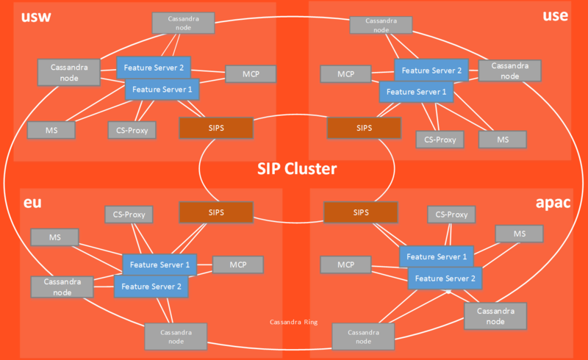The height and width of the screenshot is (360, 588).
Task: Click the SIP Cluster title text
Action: [x=297, y=169]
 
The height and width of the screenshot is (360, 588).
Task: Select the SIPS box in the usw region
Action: [x=216, y=128]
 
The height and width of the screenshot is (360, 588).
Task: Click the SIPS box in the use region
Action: [x=365, y=128]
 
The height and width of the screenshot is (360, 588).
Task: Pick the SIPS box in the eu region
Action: [x=216, y=212]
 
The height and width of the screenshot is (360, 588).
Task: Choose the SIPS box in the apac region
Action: [x=360, y=212]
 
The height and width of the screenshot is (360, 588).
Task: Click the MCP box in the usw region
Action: [x=250, y=74]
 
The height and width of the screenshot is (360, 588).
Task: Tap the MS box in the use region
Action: [x=503, y=140]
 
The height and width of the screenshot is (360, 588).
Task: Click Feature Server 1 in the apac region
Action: [x=437, y=256]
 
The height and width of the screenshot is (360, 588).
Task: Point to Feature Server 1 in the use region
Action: [x=416, y=92]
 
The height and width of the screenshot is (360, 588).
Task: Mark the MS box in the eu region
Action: [x=54, y=237]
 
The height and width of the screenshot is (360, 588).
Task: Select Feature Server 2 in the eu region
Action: [x=151, y=287]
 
